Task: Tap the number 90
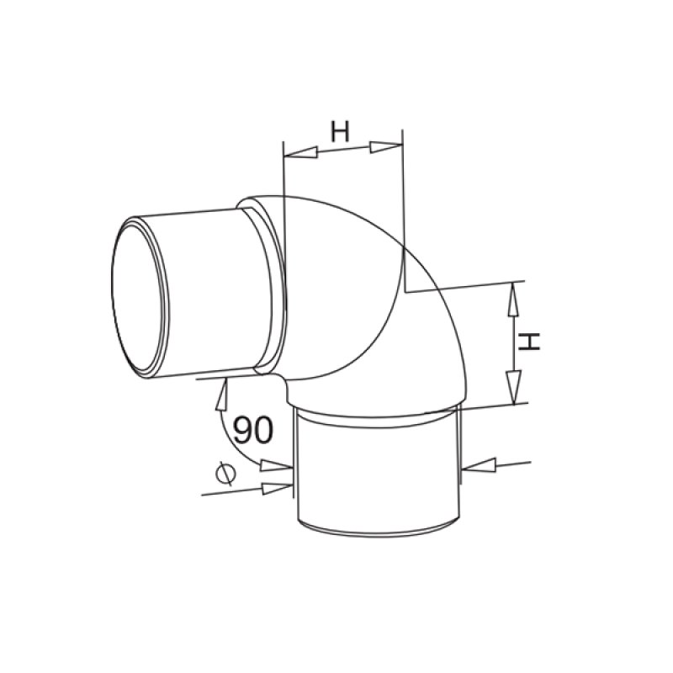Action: [252, 431]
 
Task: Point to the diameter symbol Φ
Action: [224, 475]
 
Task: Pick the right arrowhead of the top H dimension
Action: [386, 148]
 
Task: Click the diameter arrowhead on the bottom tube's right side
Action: [477, 464]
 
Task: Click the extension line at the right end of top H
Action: [404, 210]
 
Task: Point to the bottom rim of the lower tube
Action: [379, 535]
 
